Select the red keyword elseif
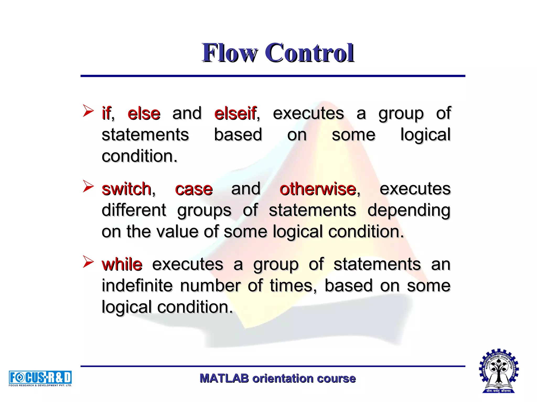pos(235,114)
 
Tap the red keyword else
pos(144,114)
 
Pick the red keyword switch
pos(127,189)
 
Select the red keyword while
pos(122,264)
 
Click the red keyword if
pos(106,114)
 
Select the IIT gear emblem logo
pos(499,371)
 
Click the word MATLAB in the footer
pos(224,378)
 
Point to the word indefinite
pos(137,286)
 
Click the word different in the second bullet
pos(134,210)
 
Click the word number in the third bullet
pos(210,286)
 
